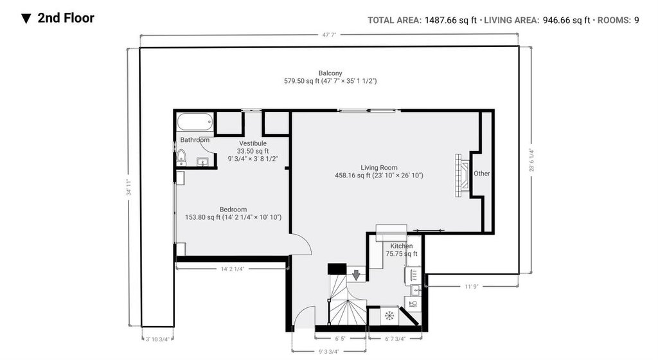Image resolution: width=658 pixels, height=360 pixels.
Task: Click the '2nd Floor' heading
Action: [66, 18]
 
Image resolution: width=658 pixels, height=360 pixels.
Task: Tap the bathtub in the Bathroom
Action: [195, 122]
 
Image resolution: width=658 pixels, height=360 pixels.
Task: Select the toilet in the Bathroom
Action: [181, 156]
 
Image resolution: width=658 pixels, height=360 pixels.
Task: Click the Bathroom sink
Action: [202, 161]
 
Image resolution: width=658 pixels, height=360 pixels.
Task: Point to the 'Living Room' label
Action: [379, 167]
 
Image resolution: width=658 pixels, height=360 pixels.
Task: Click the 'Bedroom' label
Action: [233, 210]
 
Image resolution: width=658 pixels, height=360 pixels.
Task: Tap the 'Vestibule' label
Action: [253, 143]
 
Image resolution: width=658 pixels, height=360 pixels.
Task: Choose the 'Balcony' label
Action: [330, 73]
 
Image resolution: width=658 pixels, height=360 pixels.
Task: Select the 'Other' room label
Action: [482, 174]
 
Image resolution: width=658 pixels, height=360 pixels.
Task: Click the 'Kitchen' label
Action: [402, 246]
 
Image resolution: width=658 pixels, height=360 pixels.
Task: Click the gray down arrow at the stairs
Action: [356, 275]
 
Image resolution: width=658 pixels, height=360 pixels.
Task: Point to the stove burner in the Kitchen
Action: [389, 315]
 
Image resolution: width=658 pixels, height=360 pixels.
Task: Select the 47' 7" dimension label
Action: [330, 35]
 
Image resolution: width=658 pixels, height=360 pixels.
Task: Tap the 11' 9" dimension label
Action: [471, 287]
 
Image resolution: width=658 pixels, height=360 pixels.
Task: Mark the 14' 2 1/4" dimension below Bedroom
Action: [233, 269]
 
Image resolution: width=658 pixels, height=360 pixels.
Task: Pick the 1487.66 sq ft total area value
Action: [450, 20]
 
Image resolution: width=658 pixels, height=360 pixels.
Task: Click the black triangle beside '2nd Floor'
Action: [26, 19]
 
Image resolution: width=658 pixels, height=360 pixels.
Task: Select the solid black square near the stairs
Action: [337, 269]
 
